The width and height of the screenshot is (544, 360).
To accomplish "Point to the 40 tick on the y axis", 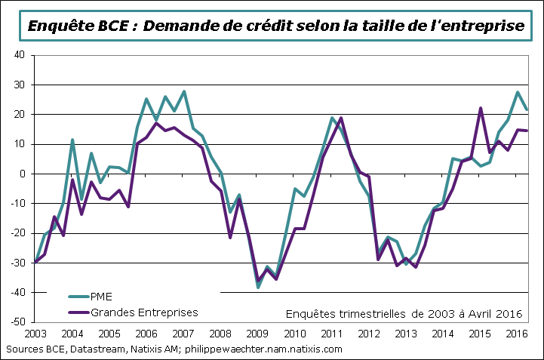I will (20, 55).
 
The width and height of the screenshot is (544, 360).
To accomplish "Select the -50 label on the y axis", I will (17, 322).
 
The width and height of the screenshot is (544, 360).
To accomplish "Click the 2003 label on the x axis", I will (35, 333).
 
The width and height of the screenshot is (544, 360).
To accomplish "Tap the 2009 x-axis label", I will (257, 333).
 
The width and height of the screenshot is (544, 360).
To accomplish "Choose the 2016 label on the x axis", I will (515, 333).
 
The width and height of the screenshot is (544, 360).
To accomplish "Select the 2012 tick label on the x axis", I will (367, 333).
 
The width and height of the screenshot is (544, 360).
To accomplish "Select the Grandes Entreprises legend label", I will (145, 311).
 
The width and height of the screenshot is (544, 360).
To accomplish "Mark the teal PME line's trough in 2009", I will (258, 288).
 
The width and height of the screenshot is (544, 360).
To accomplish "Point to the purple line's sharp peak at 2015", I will (480, 108).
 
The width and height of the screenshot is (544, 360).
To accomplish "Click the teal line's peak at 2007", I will (184, 91).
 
